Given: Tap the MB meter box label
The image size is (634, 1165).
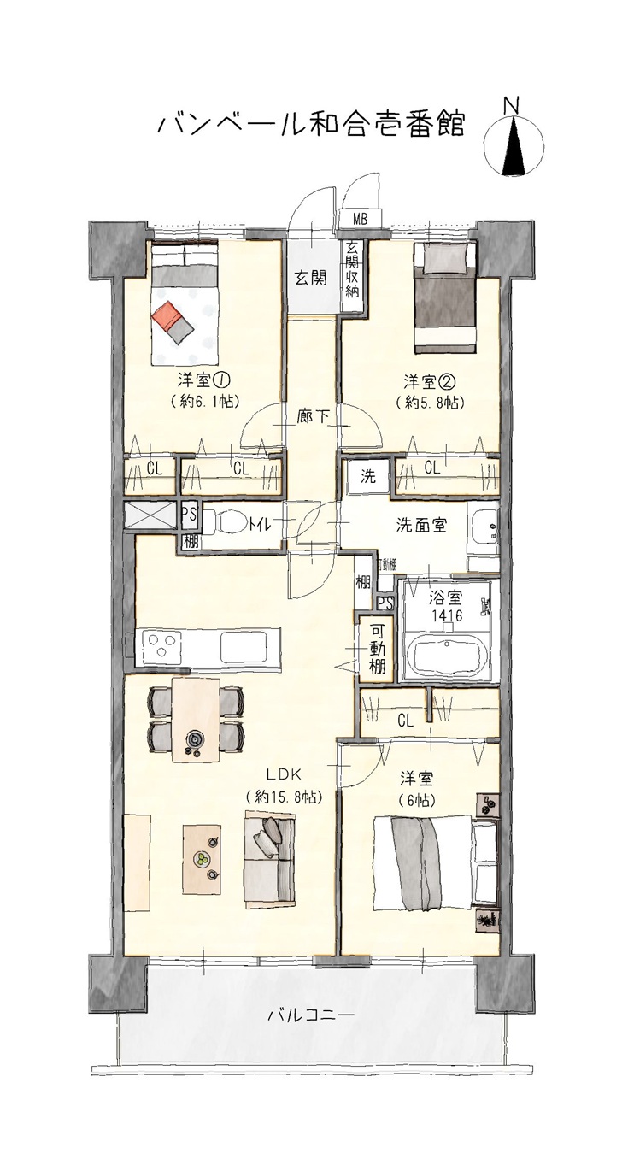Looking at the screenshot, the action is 360,220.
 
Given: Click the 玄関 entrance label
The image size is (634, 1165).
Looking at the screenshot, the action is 312,279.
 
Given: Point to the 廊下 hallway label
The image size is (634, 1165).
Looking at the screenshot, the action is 312,416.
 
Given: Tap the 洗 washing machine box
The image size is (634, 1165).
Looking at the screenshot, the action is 368,476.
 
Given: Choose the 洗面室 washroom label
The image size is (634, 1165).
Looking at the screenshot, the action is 421,526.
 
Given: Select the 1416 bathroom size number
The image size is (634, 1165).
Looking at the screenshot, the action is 447,615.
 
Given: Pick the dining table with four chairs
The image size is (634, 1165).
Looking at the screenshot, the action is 196,720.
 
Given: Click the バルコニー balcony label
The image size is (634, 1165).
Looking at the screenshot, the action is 312,1015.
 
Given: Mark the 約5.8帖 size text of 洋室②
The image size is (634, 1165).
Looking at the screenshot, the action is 429,403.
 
